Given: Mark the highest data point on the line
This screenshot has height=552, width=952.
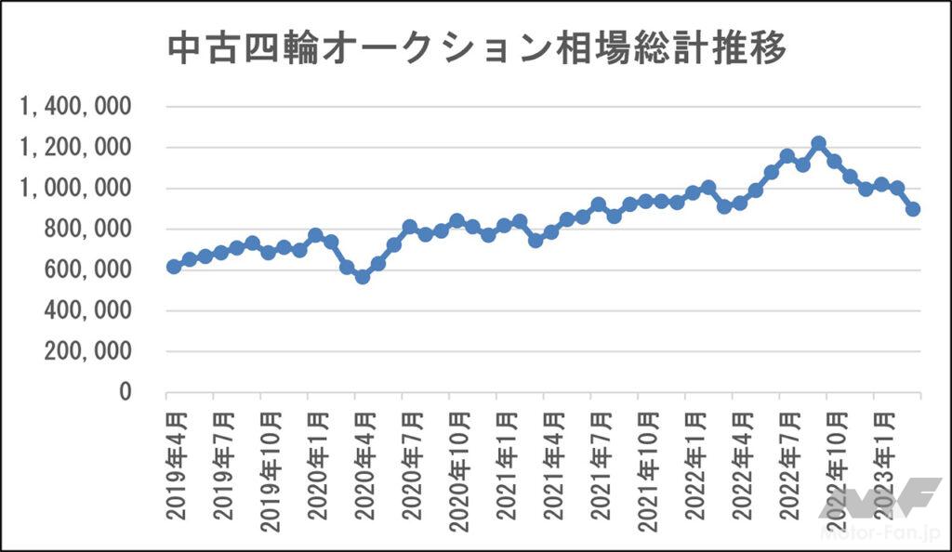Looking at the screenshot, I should point(818,144).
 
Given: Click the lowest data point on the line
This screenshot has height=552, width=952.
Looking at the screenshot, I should point(363,276).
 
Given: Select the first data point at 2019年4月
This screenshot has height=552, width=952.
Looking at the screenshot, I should point(174,267).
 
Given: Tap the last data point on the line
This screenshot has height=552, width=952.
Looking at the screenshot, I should point(913,209).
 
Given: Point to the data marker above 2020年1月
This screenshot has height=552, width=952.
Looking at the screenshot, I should point(315,235).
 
